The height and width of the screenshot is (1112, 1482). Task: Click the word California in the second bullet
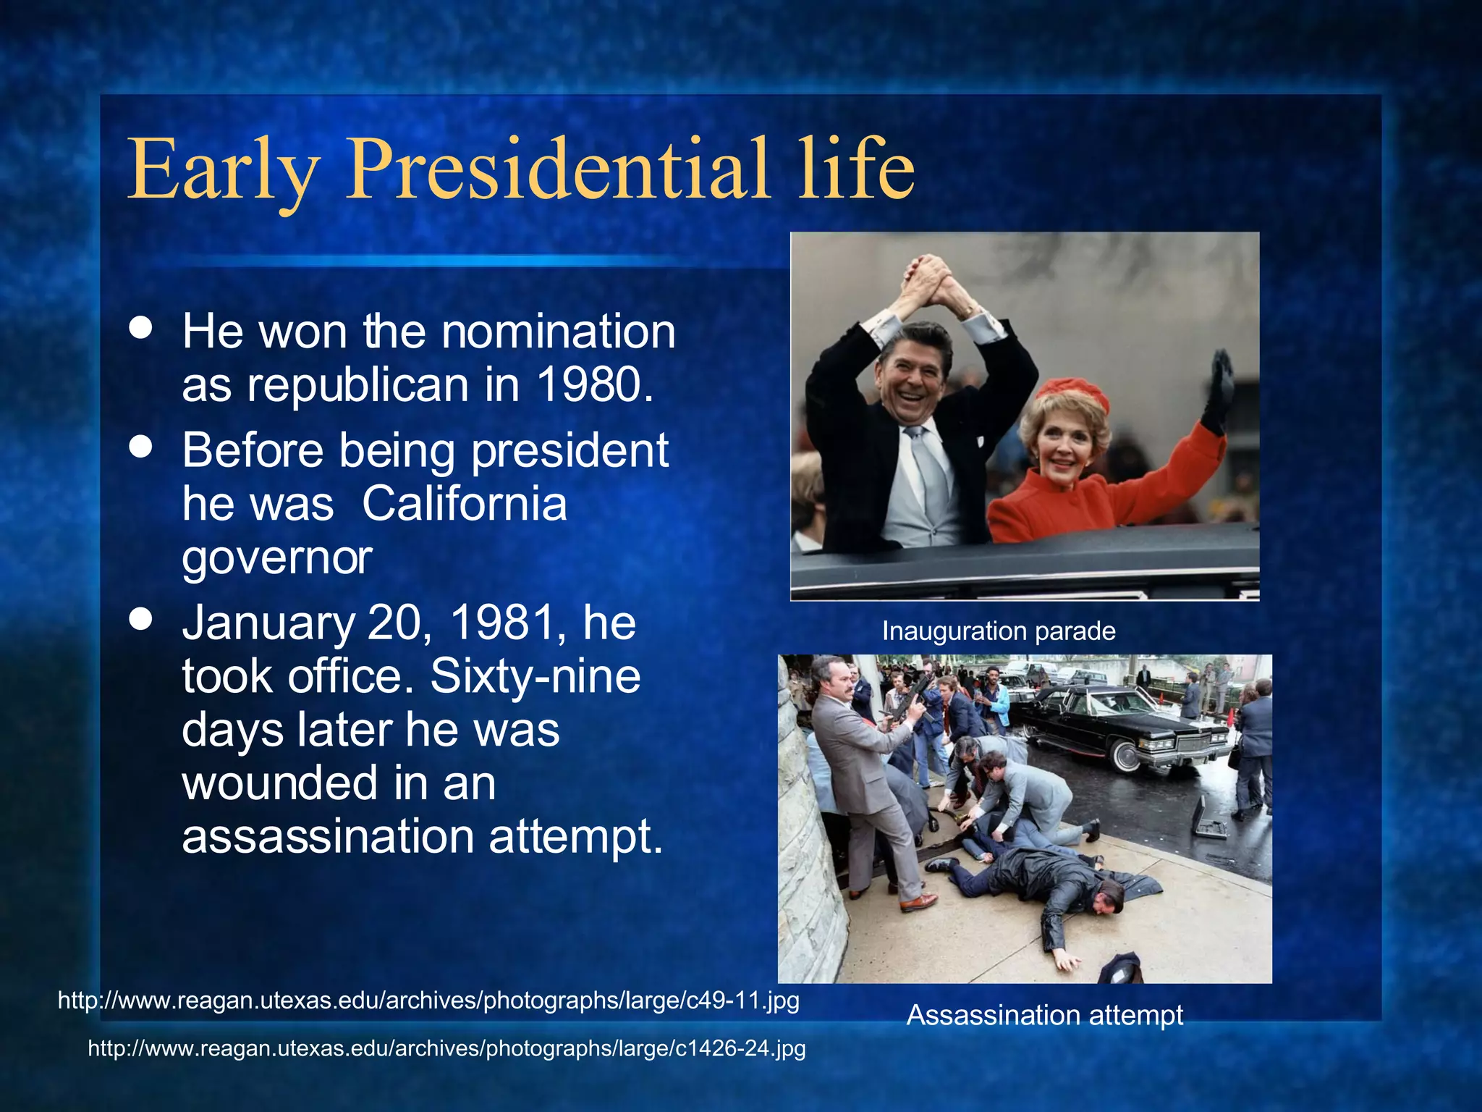tap(464, 503)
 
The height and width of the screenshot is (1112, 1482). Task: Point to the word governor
tap(276, 557)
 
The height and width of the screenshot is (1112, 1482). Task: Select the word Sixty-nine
tap(535, 676)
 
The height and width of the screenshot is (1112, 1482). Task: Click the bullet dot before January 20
tap(141, 620)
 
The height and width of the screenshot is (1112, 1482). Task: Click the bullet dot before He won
tap(141, 327)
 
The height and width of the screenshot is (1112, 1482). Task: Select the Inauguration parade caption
tap(998, 631)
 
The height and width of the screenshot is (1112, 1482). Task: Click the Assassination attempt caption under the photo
tap(1044, 1015)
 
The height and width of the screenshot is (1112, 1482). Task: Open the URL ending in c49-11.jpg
tap(428, 1001)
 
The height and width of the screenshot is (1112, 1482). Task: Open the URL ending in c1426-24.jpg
tap(446, 1048)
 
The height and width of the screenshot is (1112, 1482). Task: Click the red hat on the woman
tap(1072, 395)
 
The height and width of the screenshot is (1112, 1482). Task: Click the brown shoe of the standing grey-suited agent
tap(918, 902)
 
